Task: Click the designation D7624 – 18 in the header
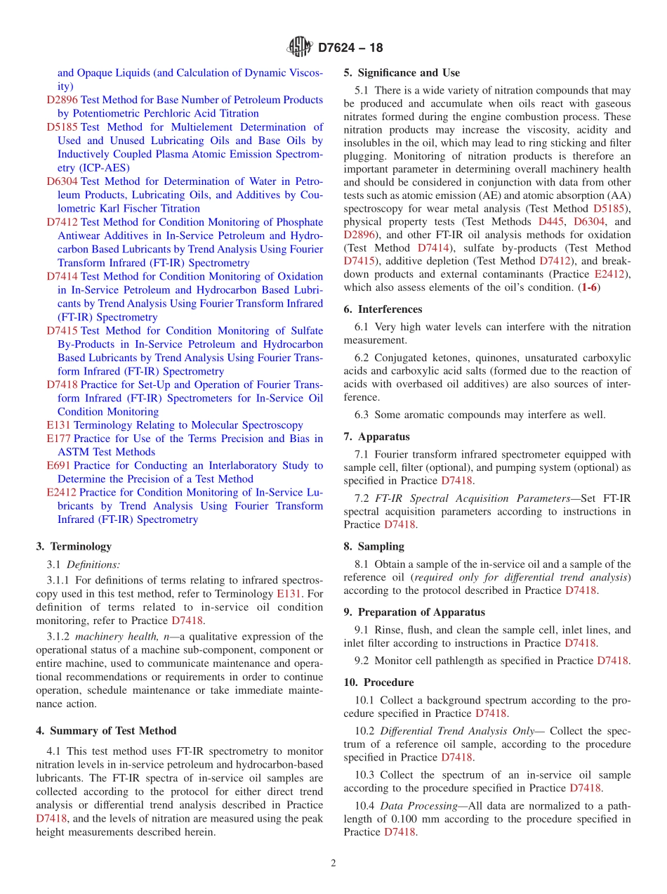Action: [350, 48]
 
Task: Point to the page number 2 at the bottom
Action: [333, 863]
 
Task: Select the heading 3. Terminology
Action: [74, 546]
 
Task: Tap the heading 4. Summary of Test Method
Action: [106, 731]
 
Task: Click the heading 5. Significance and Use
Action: [402, 72]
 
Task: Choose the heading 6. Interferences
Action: [383, 309]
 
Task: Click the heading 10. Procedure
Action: [378, 682]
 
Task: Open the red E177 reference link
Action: [58, 439]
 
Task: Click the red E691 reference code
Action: [58, 465]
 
